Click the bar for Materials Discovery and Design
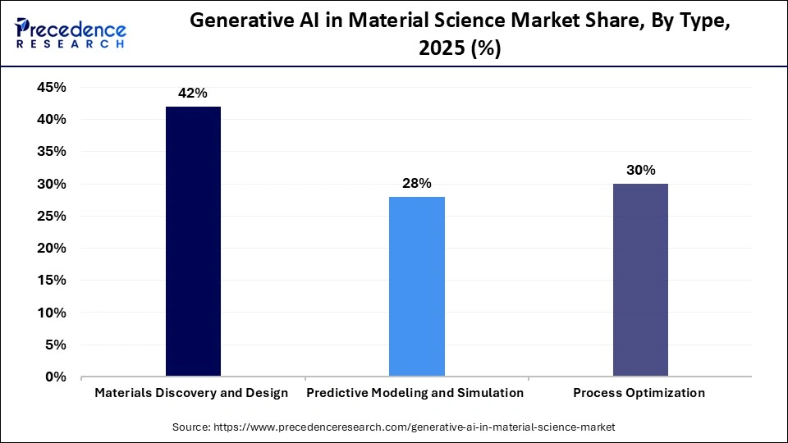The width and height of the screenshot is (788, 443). [x=193, y=242]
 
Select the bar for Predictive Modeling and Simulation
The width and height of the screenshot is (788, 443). [x=416, y=287]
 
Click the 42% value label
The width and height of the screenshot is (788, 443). [x=193, y=94]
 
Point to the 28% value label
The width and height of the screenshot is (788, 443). [x=416, y=184]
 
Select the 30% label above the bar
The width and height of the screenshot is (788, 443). [x=640, y=171]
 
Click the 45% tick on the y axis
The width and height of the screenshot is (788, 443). [x=51, y=87]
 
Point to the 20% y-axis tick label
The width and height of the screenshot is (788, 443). [x=51, y=249]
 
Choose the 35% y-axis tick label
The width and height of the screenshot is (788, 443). [x=51, y=152]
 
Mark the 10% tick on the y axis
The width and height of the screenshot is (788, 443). [x=51, y=313]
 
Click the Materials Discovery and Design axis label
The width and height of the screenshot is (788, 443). [x=191, y=393]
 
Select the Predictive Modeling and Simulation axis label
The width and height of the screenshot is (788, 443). [x=415, y=393]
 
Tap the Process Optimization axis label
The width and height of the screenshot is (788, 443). [x=639, y=393]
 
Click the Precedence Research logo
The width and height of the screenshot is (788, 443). [x=71, y=33]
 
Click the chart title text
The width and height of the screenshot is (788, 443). [x=460, y=35]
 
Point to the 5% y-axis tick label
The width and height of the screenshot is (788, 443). [x=55, y=345]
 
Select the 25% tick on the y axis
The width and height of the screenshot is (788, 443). [x=51, y=216]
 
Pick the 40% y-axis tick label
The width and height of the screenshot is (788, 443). [x=51, y=119]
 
